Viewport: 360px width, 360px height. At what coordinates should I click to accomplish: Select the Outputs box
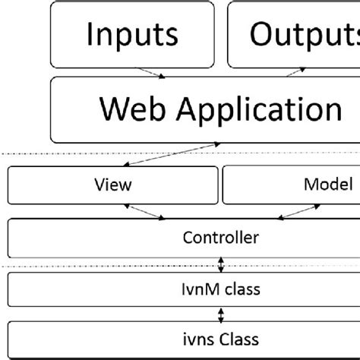(295, 34)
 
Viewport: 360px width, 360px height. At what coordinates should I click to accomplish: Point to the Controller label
(221, 238)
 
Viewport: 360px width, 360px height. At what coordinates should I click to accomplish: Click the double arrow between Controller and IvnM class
(221, 264)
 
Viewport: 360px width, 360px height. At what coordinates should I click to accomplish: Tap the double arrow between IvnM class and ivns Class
(221, 314)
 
